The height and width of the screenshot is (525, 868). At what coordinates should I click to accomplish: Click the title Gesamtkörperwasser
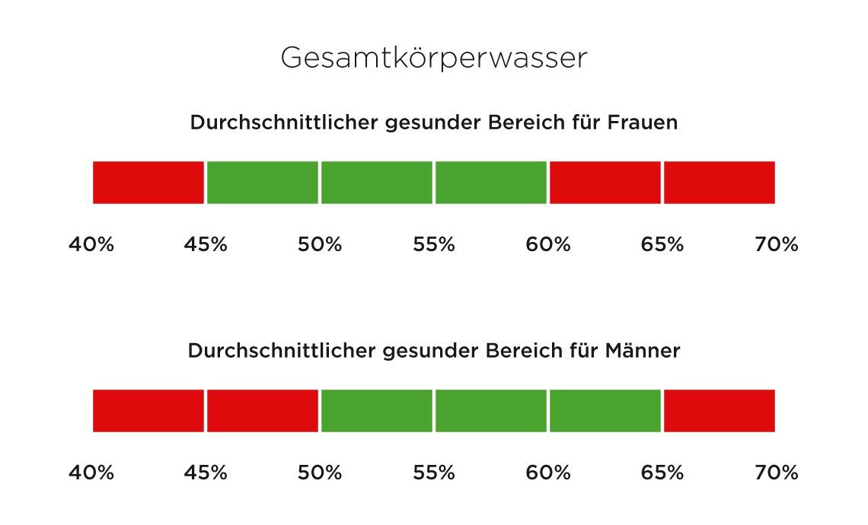pyautogui.click(x=433, y=58)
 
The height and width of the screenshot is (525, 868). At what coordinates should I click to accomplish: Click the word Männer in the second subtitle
pyautogui.click(x=643, y=351)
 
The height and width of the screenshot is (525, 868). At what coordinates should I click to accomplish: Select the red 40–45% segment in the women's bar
pyautogui.click(x=148, y=183)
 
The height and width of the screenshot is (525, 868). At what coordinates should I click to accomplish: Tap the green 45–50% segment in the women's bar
pyautogui.click(x=262, y=183)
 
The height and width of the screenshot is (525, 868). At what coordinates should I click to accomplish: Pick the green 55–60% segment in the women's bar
pyautogui.click(x=490, y=183)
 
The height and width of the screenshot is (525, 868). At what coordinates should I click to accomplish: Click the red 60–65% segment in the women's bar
pyautogui.click(x=605, y=183)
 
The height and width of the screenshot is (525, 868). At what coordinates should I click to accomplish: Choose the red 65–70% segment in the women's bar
pyautogui.click(x=719, y=183)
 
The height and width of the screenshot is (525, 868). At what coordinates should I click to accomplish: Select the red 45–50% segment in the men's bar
pyautogui.click(x=262, y=411)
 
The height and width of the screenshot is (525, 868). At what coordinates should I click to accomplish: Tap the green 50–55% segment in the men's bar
pyautogui.click(x=376, y=411)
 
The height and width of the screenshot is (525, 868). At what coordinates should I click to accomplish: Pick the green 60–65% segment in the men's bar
pyautogui.click(x=605, y=411)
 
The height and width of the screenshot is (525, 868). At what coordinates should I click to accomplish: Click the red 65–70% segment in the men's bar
pyautogui.click(x=719, y=411)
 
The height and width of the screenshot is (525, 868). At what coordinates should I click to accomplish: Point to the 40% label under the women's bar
pyautogui.click(x=91, y=245)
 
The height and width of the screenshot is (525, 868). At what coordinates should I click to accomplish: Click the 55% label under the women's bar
pyautogui.click(x=434, y=245)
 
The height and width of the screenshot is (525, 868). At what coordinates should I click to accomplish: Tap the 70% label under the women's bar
pyautogui.click(x=777, y=245)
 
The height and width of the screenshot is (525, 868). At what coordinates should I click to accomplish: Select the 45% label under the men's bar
pyautogui.click(x=206, y=473)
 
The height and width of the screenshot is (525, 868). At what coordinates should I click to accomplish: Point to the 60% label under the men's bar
pyautogui.click(x=548, y=473)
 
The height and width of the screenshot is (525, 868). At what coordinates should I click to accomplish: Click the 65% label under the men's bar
pyautogui.click(x=662, y=473)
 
